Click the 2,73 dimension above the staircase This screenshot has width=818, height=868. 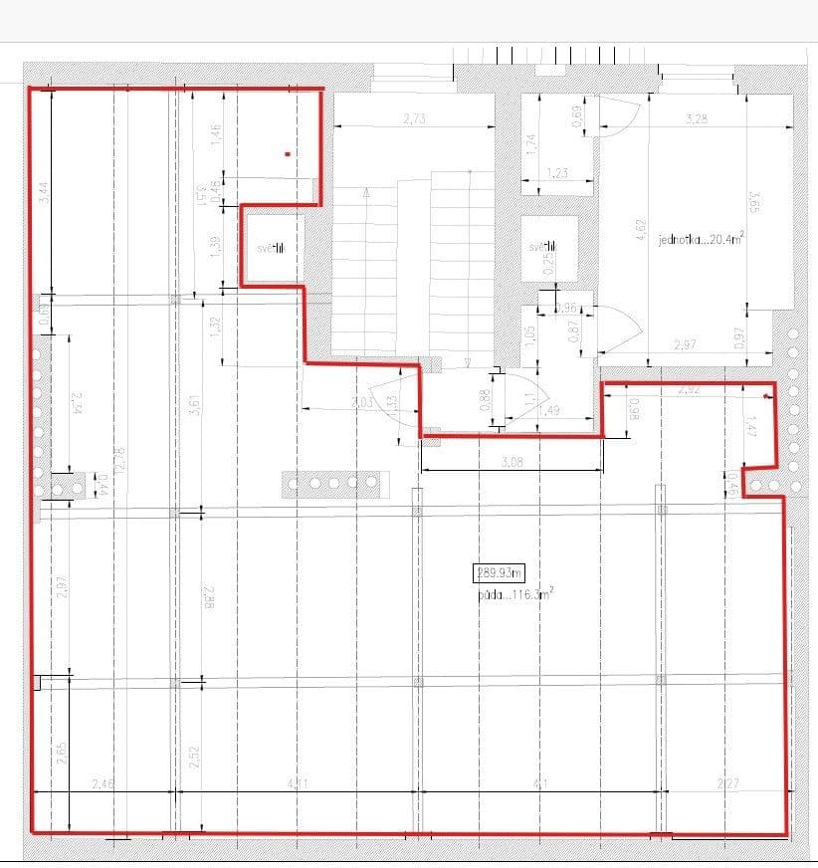414,118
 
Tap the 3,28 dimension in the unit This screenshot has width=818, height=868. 697,118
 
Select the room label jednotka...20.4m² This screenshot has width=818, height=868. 701,239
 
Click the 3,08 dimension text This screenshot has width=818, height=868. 511,462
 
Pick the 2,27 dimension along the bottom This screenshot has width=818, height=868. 726,784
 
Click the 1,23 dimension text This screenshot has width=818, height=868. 557,173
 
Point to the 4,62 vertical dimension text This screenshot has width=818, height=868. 641,231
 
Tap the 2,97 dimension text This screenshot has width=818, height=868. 685,344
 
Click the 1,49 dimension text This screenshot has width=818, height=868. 548,410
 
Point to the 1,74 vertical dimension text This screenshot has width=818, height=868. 530,145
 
